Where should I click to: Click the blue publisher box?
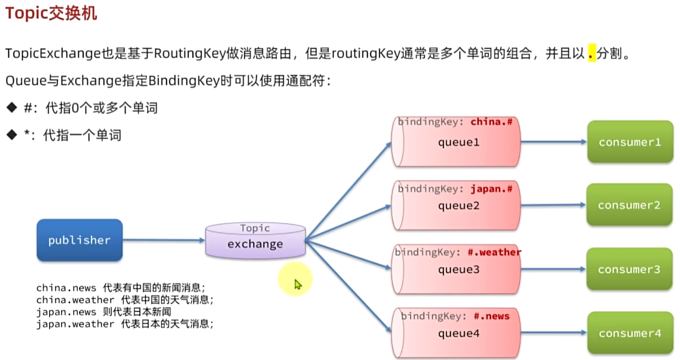coord(79,240)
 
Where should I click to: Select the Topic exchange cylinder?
coord(255,241)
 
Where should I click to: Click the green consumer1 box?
coord(630,141)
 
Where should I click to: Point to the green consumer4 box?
coord(630,333)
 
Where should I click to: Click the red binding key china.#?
coord(491,122)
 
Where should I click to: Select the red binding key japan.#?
coord(491,189)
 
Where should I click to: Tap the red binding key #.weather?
coord(494,252)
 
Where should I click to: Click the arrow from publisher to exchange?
coord(164,240)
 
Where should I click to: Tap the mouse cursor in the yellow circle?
coord(297,284)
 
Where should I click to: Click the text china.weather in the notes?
coord(75,300)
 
